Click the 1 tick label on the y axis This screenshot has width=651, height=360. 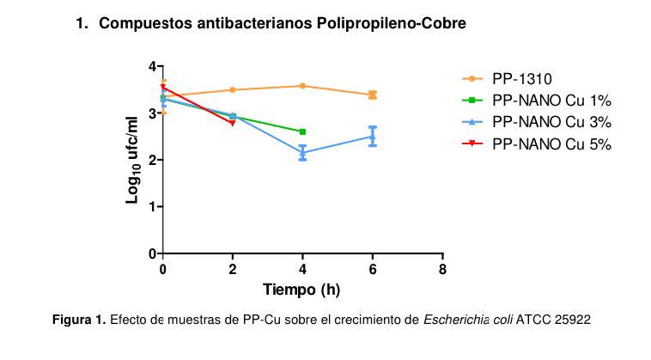(x=152, y=207)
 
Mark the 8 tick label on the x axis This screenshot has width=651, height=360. (x=442, y=269)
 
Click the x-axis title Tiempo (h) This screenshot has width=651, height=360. (x=301, y=290)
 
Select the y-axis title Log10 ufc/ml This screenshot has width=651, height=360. (x=133, y=160)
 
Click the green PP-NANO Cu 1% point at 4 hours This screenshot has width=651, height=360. (x=302, y=131)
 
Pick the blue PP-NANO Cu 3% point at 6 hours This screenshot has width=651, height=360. (x=373, y=137)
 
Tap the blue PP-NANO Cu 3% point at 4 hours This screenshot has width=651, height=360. (x=302, y=153)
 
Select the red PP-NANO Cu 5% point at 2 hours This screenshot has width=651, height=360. (x=233, y=123)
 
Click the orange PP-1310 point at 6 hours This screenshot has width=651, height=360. (x=373, y=95)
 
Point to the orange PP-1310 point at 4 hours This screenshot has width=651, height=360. (x=302, y=86)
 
